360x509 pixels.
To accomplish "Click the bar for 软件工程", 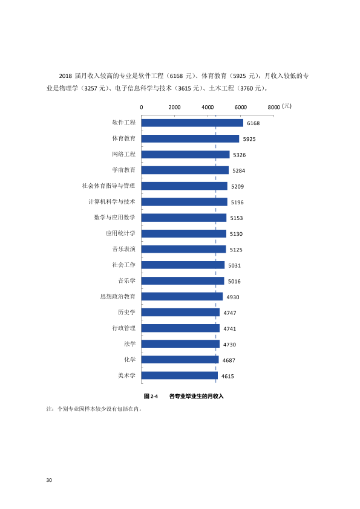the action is [192, 123].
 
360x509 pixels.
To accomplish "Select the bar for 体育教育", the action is [190, 138].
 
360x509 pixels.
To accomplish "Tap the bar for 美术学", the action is [179, 375].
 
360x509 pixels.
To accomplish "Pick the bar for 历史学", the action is [180, 313].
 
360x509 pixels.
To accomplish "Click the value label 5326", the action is [240, 155].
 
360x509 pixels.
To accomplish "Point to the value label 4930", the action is [232, 297].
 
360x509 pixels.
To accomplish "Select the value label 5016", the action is [234, 282].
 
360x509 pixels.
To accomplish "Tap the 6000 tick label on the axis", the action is [241, 107].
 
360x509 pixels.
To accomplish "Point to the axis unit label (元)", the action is [287, 106].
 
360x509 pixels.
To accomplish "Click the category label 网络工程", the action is [124, 154].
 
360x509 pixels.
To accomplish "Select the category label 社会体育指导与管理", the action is [108, 186].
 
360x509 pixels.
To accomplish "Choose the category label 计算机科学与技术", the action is [112, 201].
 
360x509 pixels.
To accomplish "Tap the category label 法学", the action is [129, 344].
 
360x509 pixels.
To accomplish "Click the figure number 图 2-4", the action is [151, 396].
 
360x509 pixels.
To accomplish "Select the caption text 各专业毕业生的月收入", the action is [196, 396].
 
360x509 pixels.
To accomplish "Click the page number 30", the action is [49, 480].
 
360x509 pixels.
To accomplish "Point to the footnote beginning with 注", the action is [94, 409].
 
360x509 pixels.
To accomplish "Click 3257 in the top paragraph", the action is [91, 88].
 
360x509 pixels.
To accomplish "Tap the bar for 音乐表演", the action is [183, 249].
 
